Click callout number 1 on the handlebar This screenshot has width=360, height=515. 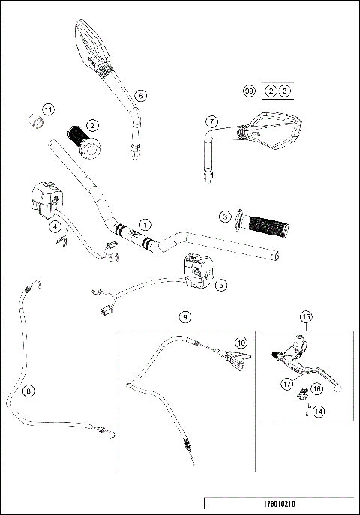point(145,224)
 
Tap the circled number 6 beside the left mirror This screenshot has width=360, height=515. point(140,95)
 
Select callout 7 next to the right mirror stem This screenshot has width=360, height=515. point(212,121)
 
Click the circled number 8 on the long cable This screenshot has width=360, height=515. point(28,391)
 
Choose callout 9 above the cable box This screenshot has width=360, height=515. point(184,317)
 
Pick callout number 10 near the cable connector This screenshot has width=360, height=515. point(241,341)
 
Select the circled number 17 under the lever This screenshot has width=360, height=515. point(286,384)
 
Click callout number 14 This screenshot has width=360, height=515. point(319,411)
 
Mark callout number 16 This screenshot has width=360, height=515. point(317,390)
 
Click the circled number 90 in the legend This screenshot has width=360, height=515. point(250,90)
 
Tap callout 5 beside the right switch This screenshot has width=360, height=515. point(220,284)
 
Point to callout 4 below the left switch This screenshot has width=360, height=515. point(55,225)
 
